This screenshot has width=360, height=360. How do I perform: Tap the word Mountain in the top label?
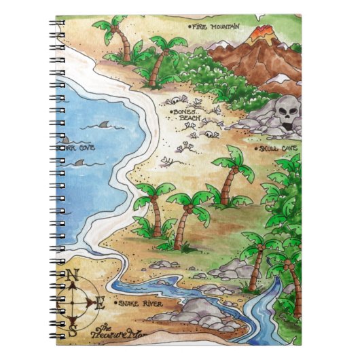tap(225, 26)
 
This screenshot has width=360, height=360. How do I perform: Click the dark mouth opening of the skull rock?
tap(286, 126)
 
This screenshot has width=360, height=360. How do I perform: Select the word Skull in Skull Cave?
tap(268, 147)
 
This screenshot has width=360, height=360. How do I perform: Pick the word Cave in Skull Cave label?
tap(288, 147)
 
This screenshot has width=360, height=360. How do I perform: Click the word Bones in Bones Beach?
tap(183, 110)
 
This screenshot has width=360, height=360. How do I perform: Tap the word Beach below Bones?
tap(190, 118)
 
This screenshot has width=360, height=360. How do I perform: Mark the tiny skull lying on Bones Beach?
tap(193, 134)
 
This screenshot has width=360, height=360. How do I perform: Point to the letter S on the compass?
tap(73, 331)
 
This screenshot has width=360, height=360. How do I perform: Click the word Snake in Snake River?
tap(127, 304)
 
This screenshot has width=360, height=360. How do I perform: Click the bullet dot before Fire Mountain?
tap(190, 26)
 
